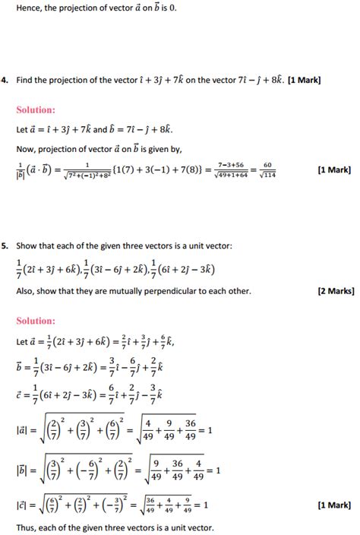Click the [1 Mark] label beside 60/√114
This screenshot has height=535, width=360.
coord(334,169)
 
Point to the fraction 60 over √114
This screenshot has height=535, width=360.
coord(267,170)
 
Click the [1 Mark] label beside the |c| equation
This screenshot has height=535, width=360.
coord(334,505)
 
